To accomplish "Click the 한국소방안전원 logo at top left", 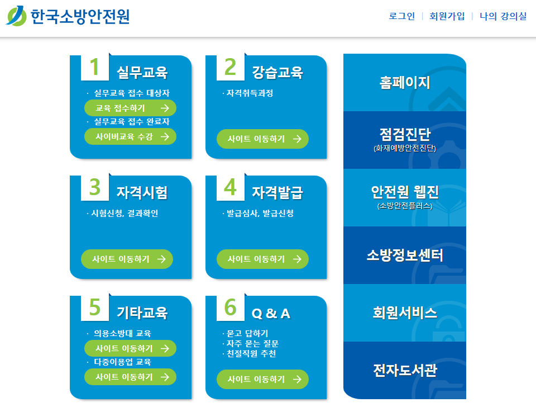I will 68,16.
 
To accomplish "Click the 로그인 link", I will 401,16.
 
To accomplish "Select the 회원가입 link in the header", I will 447,16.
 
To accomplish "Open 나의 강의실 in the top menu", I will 502,16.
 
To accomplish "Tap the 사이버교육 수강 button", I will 130,136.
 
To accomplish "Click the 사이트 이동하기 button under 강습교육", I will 262,139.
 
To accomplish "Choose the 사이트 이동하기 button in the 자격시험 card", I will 127,259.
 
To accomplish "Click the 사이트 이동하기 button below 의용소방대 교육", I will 130,348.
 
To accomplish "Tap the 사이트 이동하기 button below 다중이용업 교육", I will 130,377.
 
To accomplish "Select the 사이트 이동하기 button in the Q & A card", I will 262,379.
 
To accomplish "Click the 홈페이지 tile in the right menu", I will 404,83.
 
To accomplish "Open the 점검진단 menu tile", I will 404,139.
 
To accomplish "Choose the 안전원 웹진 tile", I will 404,197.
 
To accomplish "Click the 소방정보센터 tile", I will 404,255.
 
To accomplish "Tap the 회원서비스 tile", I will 404,313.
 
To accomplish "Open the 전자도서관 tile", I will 404,370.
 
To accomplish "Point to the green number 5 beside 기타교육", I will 95,308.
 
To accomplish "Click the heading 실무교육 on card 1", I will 142,73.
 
